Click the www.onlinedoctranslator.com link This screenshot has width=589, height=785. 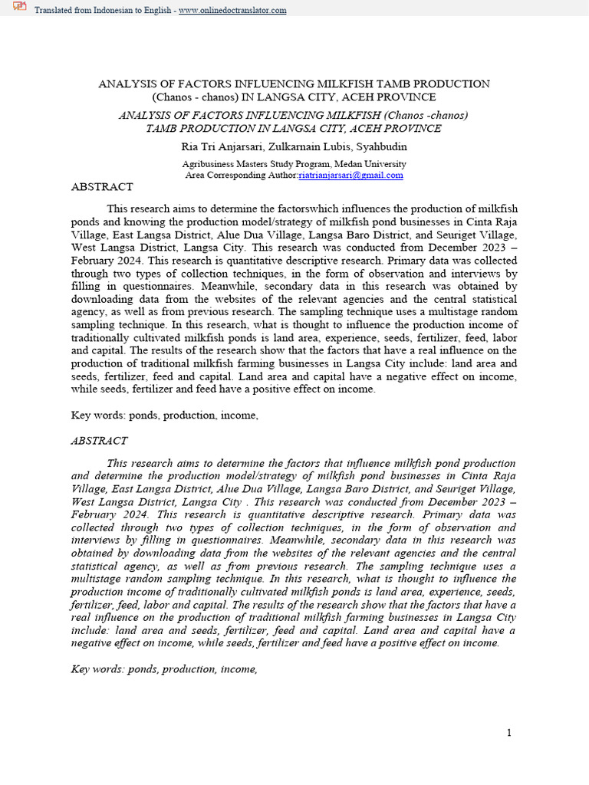point(232,10)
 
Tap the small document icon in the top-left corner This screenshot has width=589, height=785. point(19,8)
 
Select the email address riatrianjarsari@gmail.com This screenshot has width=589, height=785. point(350,175)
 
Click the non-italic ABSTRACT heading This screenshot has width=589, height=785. point(102,186)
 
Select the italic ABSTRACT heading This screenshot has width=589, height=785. point(99,441)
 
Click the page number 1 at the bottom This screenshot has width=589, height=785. point(508,733)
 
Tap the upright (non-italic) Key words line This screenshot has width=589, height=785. point(163,415)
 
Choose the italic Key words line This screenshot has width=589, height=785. point(163,669)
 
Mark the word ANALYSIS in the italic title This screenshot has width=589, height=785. point(146,115)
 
